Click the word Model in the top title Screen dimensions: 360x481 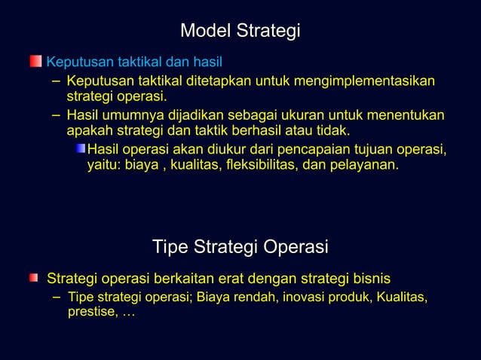(206, 31)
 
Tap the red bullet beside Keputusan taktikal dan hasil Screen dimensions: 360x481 (35, 60)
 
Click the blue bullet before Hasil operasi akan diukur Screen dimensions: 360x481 (80, 148)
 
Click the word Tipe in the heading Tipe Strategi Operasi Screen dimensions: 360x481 (170, 247)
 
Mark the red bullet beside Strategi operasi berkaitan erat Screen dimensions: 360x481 (34, 279)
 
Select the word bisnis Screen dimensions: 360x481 (369, 279)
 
